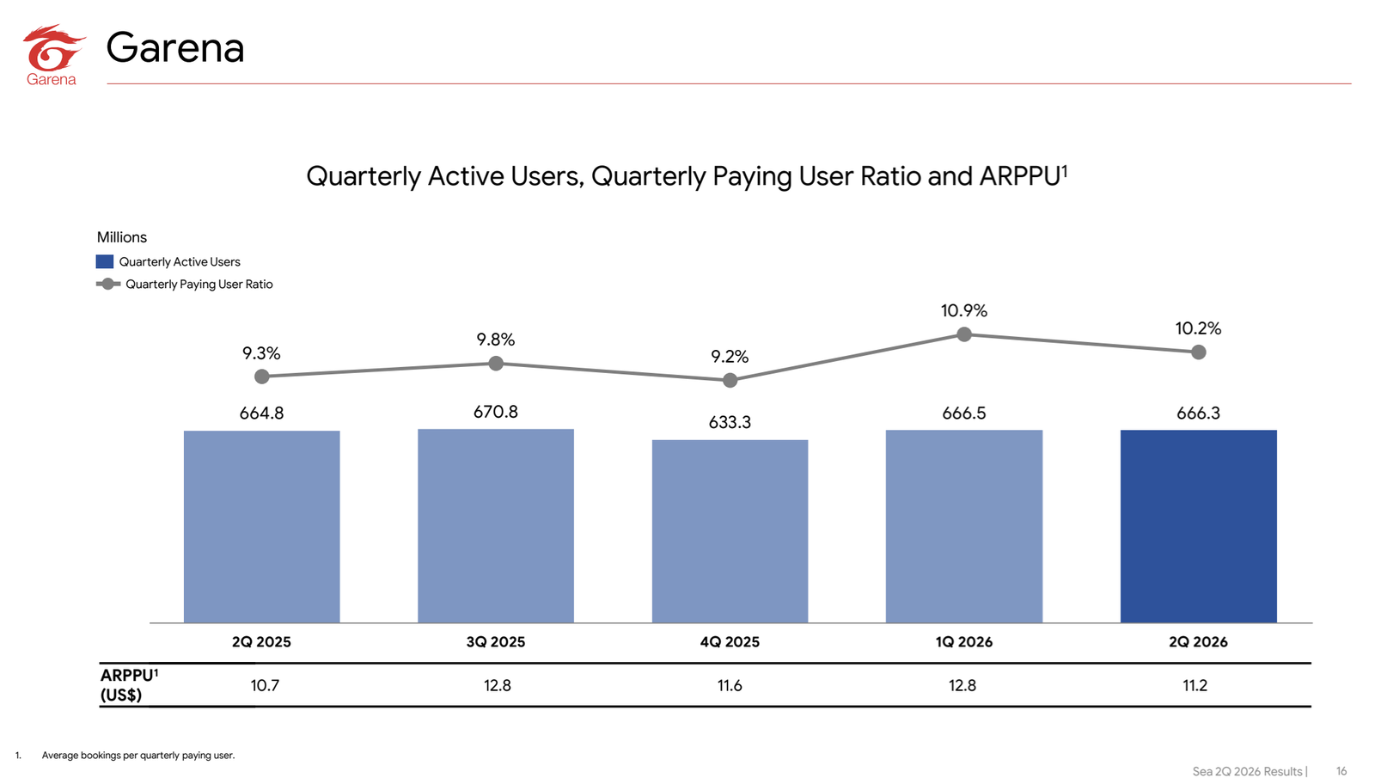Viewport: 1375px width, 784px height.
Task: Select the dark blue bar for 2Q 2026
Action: tap(1198, 526)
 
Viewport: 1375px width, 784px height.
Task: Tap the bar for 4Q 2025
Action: tap(730, 531)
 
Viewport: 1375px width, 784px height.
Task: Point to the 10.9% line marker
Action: tap(964, 334)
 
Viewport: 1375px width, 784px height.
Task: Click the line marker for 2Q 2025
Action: tap(262, 377)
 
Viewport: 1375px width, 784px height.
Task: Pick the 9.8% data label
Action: tap(496, 340)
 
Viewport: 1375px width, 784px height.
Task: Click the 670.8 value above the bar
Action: tap(495, 411)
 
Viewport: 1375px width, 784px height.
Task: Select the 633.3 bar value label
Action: tap(730, 422)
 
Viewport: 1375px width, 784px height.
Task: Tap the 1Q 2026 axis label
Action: tap(963, 641)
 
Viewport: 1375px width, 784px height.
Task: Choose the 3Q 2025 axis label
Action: tap(495, 641)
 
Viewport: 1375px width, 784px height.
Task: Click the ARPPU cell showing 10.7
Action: tap(265, 685)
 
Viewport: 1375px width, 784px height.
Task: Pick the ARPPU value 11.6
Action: tap(730, 685)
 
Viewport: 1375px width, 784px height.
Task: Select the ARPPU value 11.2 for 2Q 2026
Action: tap(1195, 685)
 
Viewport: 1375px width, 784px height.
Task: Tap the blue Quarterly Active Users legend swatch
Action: tap(104, 261)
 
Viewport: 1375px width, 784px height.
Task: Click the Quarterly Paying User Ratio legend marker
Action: tap(108, 284)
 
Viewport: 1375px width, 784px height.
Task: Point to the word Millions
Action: tap(121, 237)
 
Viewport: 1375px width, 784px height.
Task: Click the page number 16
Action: tap(1341, 771)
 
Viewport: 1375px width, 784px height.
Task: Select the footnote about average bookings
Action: tap(138, 755)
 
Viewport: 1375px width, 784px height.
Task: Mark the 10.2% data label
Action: tap(1198, 328)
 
